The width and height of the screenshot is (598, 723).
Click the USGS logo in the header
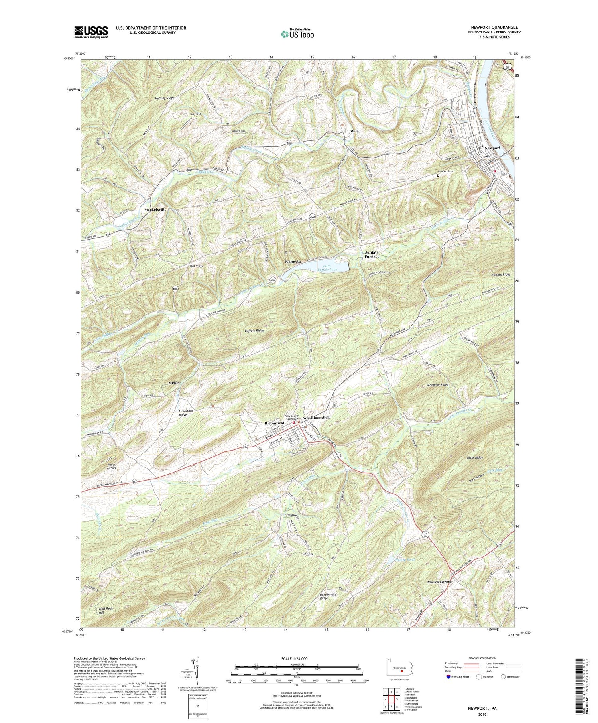pos(91,32)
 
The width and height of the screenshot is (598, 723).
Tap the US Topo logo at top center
pos(297,34)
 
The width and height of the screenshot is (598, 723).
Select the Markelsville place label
pos(153,209)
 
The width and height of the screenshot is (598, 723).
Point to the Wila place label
pos(354,131)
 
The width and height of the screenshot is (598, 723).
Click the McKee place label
pos(174,382)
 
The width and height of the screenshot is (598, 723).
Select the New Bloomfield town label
pos(316,417)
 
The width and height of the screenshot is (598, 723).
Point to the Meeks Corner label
pos(439,582)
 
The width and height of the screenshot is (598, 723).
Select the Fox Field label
pos(195,114)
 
